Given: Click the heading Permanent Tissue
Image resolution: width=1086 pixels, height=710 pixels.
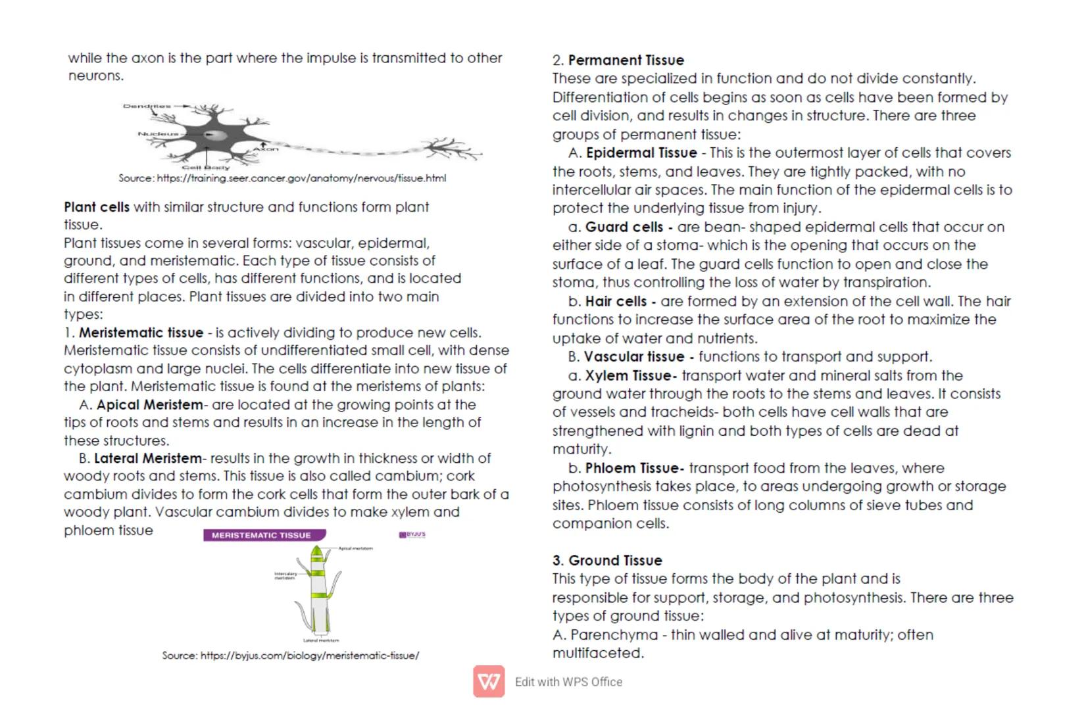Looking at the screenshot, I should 626,60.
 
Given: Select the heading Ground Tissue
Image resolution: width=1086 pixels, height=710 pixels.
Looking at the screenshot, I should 615,561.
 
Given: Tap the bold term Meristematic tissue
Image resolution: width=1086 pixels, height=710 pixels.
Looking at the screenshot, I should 141,333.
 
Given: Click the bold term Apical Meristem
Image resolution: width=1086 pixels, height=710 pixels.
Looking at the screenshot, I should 151,405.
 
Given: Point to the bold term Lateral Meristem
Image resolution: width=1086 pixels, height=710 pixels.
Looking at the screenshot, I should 148,458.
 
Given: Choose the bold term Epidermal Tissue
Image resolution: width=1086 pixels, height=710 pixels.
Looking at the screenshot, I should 641,153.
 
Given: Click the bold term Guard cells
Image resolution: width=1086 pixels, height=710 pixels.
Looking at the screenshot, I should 624,227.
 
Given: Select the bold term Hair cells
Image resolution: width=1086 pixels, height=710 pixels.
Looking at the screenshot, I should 616,302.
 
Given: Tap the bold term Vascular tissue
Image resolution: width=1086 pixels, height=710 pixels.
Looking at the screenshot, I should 634,357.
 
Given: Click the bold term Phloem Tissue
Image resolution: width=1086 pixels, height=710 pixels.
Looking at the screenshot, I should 633,469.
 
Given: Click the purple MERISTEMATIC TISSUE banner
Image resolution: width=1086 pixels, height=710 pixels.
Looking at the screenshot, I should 264,535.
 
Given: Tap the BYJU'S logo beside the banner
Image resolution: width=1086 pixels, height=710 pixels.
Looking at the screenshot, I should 412,534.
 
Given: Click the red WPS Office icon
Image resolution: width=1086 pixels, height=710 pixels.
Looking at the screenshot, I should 489,682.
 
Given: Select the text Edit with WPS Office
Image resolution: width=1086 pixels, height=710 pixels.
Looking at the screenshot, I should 568,682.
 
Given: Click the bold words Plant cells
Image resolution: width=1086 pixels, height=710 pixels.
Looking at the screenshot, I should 97,207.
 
